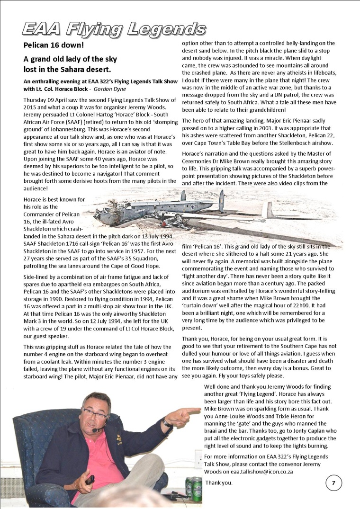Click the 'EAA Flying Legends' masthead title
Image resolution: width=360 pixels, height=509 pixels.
pyautogui.click(x=114, y=29)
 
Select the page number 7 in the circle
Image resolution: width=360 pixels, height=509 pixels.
pyautogui.click(x=333, y=483)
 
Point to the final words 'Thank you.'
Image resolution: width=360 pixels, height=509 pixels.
pyautogui.click(x=219, y=483)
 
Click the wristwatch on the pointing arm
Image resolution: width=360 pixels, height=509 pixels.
pyautogui.click(x=166, y=422)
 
